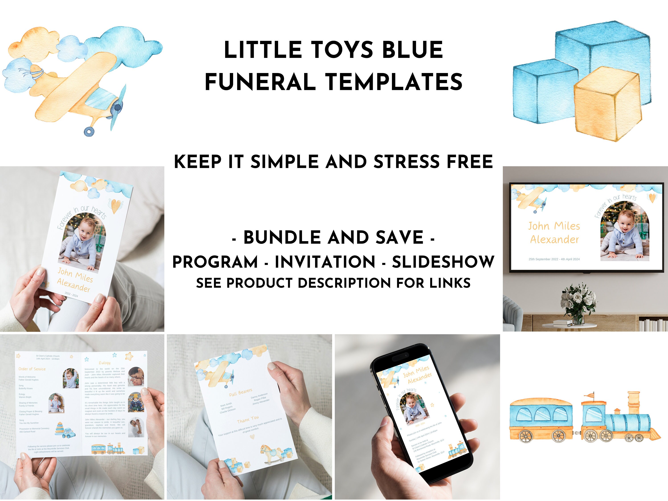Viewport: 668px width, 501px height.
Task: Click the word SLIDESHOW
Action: pos(443,262)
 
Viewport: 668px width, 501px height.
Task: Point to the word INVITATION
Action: pos(325,262)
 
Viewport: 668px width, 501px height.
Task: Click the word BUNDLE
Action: pos(282,237)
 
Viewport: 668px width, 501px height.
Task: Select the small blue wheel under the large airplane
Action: pos(89,131)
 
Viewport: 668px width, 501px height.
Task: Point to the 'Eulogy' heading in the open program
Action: pos(104,363)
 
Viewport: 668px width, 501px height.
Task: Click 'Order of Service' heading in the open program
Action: pos(32,369)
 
